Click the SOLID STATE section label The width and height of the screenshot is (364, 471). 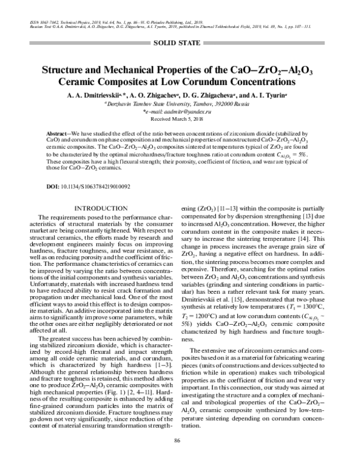pos(181,42)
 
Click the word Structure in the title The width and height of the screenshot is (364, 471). pos(65,69)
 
